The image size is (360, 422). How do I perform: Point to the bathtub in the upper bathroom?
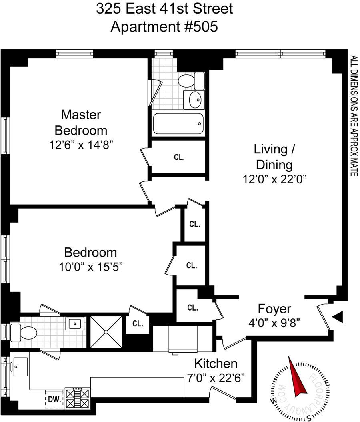tap(178, 124)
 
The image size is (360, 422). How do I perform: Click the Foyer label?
tap(274, 309)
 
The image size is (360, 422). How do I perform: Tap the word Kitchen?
tap(216, 364)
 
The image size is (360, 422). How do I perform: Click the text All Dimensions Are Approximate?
tap(354, 115)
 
